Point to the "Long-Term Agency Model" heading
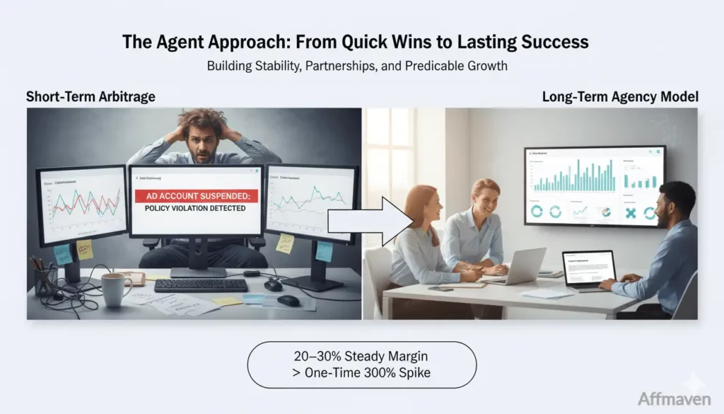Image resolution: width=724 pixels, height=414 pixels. pyautogui.click(x=620, y=97)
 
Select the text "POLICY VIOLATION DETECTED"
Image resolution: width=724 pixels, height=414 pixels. pyautogui.click(x=195, y=209)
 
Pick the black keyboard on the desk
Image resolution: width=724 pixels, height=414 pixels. pyautogui.click(x=200, y=285)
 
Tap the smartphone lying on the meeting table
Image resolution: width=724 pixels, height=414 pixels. pyautogui.click(x=439, y=288)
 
